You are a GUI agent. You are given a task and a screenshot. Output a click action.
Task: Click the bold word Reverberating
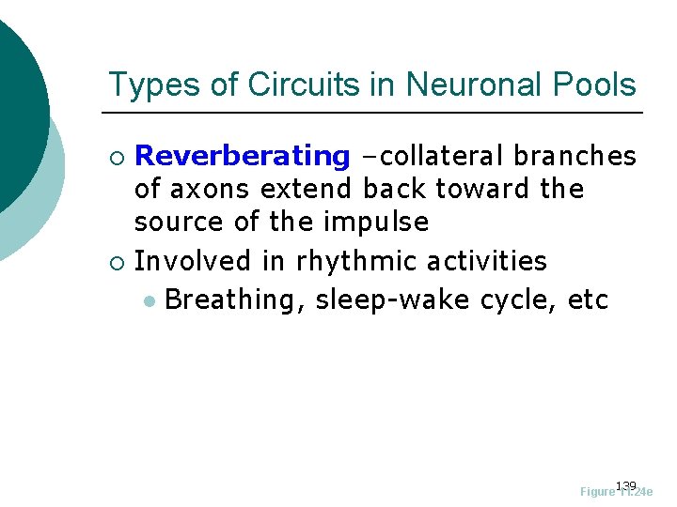tap(243, 157)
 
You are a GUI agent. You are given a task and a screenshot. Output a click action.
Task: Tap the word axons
tap(218, 190)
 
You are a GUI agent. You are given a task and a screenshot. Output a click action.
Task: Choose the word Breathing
tap(234, 300)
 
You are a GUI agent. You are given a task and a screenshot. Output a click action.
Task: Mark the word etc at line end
tap(589, 300)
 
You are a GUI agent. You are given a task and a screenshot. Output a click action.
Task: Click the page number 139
tap(625, 485)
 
